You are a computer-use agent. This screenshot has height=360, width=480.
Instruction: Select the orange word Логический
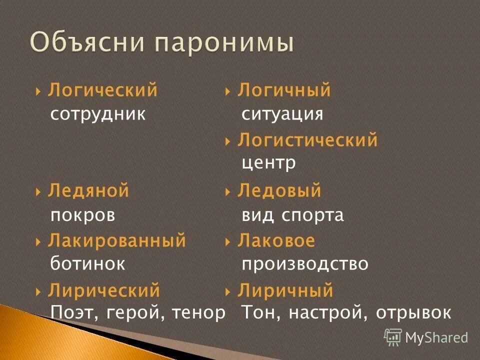point(102,90)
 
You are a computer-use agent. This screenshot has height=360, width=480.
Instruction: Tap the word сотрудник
point(98,114)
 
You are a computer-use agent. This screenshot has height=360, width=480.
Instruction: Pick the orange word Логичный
point(284,90)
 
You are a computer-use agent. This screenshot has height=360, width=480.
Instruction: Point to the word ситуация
point(282,114)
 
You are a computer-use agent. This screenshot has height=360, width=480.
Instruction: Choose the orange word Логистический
point(307,140)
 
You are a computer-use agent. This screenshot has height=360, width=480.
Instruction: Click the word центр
point(268,163)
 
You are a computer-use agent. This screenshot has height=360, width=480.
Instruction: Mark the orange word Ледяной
point(88,190)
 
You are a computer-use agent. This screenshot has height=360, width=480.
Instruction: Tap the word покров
point(83,215)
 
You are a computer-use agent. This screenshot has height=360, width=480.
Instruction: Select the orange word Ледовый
point(279,190)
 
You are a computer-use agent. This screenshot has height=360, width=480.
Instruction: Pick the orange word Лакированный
point(117,240)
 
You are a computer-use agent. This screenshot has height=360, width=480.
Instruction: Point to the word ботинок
point(87,263)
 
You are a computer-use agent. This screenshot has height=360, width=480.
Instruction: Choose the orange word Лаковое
point(276,240)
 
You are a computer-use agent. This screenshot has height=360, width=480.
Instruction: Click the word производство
point(304,263)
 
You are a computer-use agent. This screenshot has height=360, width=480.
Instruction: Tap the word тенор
point(198,313)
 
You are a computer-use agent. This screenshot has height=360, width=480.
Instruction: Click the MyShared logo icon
point(393,337)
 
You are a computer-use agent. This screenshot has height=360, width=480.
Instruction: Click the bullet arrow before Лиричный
point(227,291)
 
